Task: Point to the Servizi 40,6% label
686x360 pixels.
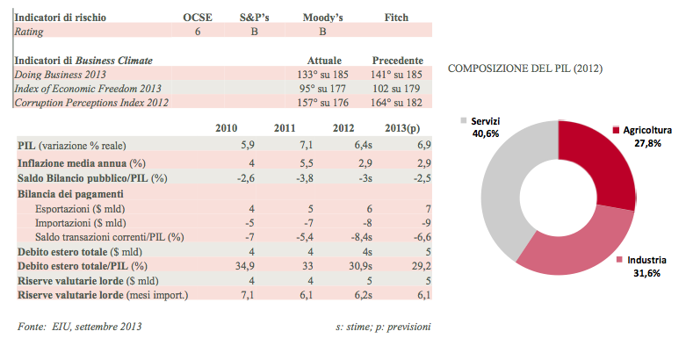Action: coord(484,126)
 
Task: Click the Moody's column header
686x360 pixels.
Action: coord(323,17)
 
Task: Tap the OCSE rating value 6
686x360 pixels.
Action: coord(198,32)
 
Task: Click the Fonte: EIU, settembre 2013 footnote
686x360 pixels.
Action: coord(79,327)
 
